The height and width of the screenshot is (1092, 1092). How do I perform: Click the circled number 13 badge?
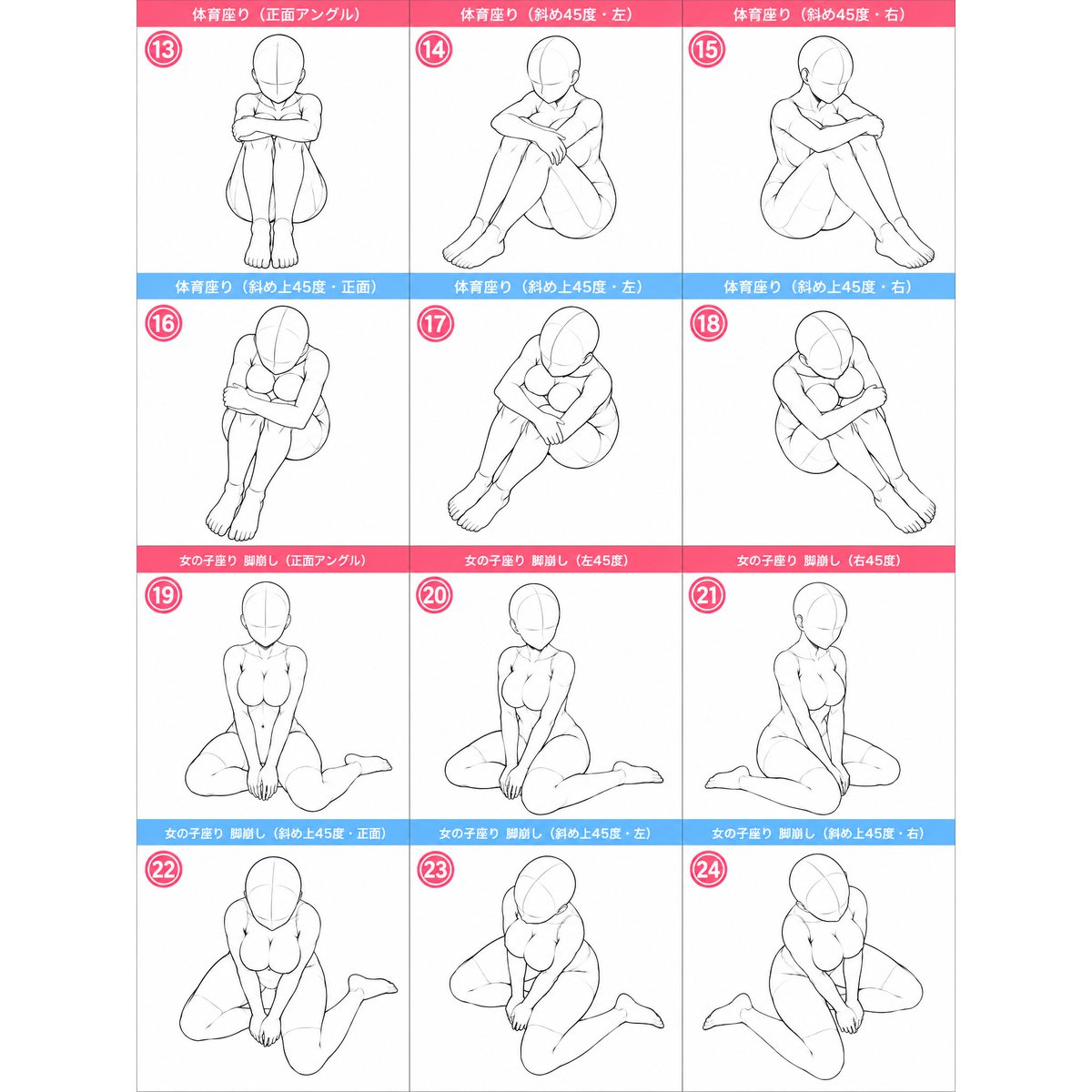pos(163,50)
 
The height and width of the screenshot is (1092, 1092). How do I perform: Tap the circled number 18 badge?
pos(708,324)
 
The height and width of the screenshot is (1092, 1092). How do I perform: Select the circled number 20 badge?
pos(435,595)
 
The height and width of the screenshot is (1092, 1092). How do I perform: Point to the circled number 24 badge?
pos(708,869)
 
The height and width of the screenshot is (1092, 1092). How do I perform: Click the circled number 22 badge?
pos(163,869)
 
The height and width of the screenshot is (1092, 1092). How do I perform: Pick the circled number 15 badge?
pos(708,50)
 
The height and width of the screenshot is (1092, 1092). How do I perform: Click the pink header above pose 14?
pos(546,15)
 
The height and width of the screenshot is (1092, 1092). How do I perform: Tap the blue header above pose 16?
pos(273,287)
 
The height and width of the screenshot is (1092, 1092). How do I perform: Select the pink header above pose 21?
pos(819,560)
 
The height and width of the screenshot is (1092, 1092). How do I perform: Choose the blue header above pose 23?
pos(546,833)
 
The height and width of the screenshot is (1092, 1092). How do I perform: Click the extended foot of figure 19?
pos(369,763)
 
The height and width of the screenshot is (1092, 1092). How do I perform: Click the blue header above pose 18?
pos(819,287)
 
